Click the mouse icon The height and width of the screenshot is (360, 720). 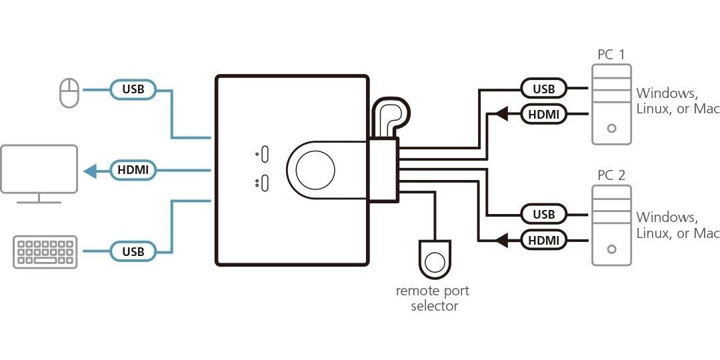[x=69, y=93]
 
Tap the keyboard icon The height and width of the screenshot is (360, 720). [x=45, y=252]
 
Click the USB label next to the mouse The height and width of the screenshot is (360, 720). [x=133, y=89]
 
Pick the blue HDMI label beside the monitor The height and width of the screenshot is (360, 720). [x=133, y=170]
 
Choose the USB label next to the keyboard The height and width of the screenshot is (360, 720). [x=133, y=251]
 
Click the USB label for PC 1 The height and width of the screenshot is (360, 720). [x=544, y=88]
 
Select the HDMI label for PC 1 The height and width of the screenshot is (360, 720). [x=544, y=115]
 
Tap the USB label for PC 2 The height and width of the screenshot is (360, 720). [x=544, y=214]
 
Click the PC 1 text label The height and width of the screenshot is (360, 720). [x=611, y=55]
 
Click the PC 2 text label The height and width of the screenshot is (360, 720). [x=611, y=176]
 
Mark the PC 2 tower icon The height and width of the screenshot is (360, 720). [x=611, y=226]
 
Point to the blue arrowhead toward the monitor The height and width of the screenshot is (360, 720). [x=91, y=171]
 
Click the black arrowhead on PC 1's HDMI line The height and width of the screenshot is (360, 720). [x=501, y=115]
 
